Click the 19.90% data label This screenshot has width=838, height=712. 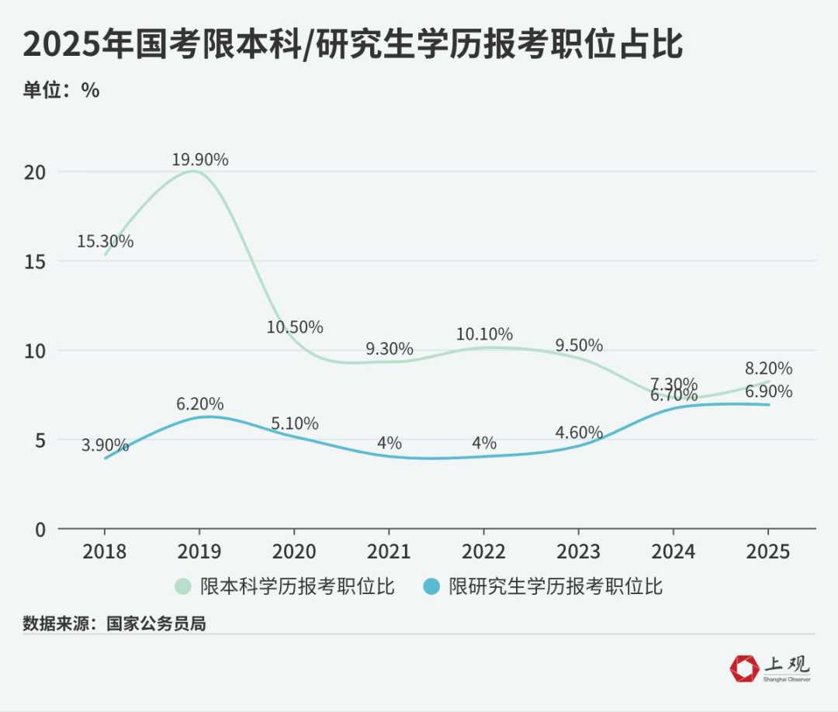coord(200,160)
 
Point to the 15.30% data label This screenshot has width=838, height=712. coord(105,241)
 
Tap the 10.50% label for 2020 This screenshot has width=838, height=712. coord(295,327)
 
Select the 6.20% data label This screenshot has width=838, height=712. coord(200,404)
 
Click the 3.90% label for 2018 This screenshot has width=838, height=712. coord(105,445)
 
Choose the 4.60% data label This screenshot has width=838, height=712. coord(579,432)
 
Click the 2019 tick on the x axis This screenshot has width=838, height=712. coord(199,551)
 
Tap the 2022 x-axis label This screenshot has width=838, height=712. coord(483,551)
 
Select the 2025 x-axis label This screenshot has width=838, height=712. coord(767,551)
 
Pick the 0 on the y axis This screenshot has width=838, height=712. coord(41,529)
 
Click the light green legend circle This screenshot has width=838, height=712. coord(184,586)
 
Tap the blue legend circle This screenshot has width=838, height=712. coord(434,586)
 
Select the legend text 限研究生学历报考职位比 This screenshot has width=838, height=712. coord(556,586)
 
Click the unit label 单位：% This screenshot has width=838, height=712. coord(61,90)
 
